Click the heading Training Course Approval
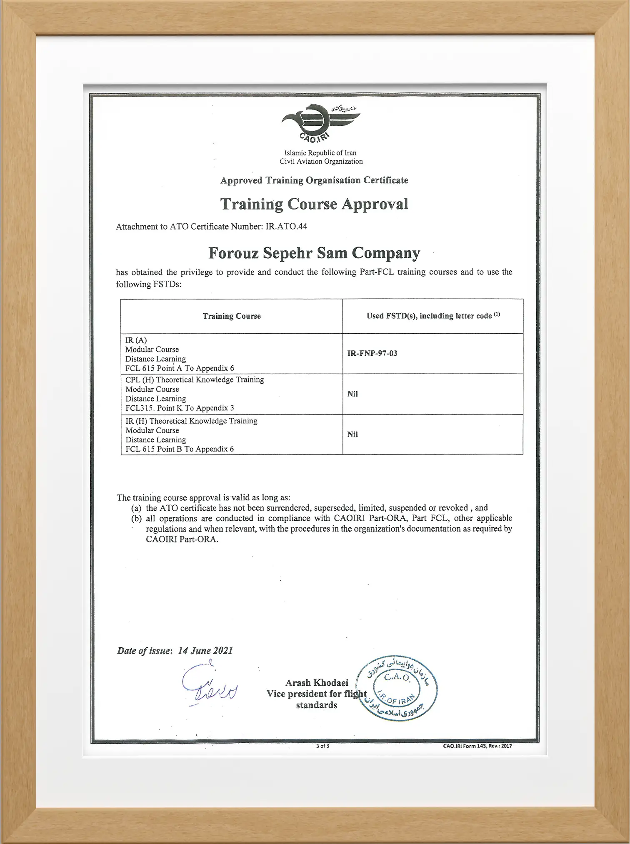(x=314, y=204)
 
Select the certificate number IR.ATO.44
(x=286, y=227)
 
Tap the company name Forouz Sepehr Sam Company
(x=314, y=253)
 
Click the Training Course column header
(x=232, y=316)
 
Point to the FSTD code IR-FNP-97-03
(x=372, y=353)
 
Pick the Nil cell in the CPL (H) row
(x=352, y=394)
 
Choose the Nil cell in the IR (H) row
(x=352, y=434)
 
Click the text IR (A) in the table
(x=136, y=340)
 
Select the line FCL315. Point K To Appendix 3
(x=180, y=408)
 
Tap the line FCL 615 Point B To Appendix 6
(x=180, y=449)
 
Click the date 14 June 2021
(x=205, y=651)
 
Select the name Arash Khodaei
(x=317, y=682)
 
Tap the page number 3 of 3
(x=322, y=746)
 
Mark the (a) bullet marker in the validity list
(x=136, y=508)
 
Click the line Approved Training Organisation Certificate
(x=314, y=180)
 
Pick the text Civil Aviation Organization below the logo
(x=321, y=161)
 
